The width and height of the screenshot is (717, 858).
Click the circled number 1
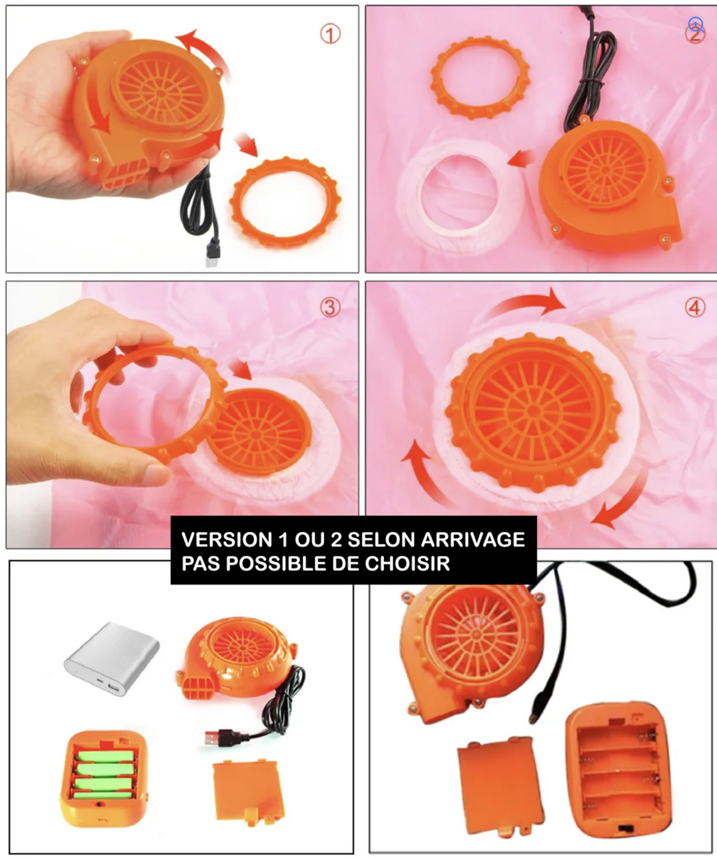(x=330, y=34)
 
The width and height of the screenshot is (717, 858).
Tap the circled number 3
(x=330, y=307)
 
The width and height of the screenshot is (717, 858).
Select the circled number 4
(x=695, y=308)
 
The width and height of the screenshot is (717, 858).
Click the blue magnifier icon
(x=696, y=24)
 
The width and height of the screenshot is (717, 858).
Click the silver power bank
(x=112, y=658)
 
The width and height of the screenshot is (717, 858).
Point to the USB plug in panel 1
(x=212, y=253)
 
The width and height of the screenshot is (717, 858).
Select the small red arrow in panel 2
(x=521, y=159)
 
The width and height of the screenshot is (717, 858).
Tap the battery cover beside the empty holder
(x=500, y=785)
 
